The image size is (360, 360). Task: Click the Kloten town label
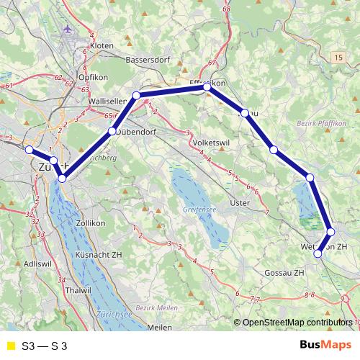click(102, 45)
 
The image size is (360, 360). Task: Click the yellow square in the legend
click(9, 346)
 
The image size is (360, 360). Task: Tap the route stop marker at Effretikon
click(207, 87)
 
